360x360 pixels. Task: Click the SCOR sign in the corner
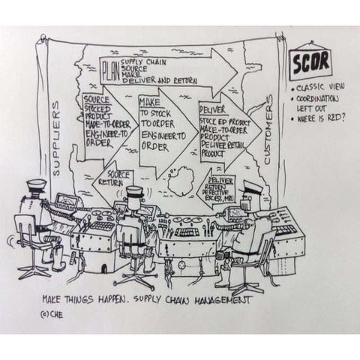[310, 64]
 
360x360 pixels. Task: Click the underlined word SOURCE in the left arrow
[96, 99]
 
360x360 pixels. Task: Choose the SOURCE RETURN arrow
[112, 177]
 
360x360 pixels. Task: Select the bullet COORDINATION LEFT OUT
[318, 102]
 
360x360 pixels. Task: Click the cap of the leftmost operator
[35, 185]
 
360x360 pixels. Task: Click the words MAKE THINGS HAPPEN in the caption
[84, 300]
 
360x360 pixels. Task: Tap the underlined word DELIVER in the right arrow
[212, 109]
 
